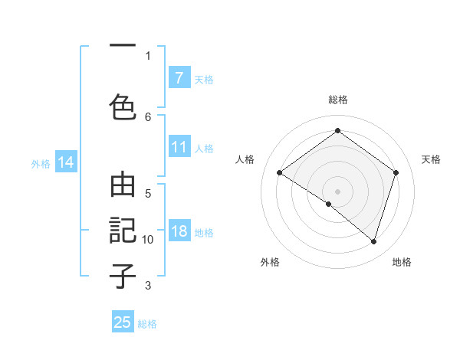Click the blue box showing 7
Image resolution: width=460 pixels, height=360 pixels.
point(179,78)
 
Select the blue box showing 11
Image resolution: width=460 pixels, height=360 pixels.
point(179,148)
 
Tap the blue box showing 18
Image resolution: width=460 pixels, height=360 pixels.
point(179,232)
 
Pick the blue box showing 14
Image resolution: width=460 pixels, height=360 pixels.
point(65,162)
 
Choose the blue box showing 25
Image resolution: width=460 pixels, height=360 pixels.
point(123,322)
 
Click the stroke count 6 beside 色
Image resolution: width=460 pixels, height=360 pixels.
point(148,116)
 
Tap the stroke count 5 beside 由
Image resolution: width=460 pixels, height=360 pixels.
point(148,193)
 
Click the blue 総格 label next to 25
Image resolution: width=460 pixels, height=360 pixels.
point(147,324)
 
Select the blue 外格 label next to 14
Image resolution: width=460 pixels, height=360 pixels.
point(41,163)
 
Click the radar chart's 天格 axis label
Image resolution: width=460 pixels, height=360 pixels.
point(431,159)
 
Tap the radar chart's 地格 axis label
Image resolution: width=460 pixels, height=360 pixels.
point(402,262)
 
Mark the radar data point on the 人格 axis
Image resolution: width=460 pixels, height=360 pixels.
point(280,173)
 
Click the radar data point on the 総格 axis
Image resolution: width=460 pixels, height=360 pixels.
point(337,131)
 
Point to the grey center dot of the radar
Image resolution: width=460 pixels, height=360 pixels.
point(337,191)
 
